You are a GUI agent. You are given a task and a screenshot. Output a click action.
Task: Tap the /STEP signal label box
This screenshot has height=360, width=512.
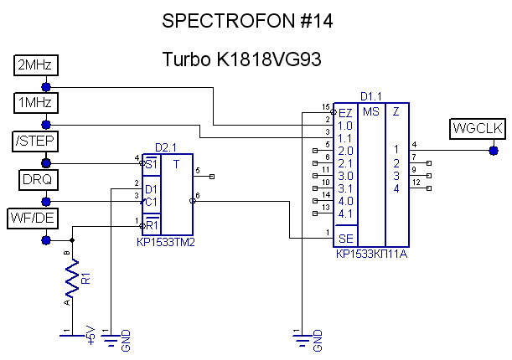coord(33,141)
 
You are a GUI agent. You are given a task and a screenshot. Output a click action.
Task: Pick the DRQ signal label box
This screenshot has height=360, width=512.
coord(34,179)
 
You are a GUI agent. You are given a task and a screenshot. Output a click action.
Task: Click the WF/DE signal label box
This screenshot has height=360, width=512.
coord(34,218)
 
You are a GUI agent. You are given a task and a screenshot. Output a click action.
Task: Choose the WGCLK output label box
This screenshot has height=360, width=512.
coord(476,128)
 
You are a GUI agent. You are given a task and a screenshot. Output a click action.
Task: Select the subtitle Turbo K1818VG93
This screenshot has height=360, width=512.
coord(242,60)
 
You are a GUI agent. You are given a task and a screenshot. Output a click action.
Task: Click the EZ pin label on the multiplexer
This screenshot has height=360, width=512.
coord(345,112)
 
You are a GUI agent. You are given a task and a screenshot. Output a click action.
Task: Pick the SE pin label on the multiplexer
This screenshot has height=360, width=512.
coord(345,239)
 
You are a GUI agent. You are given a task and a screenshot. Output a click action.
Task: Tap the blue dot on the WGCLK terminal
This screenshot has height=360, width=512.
coord(492,151)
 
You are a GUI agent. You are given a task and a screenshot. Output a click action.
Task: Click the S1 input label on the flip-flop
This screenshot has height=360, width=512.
coord(151,164)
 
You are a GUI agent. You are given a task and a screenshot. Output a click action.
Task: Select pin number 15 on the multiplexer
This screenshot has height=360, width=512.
coord(326,107)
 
